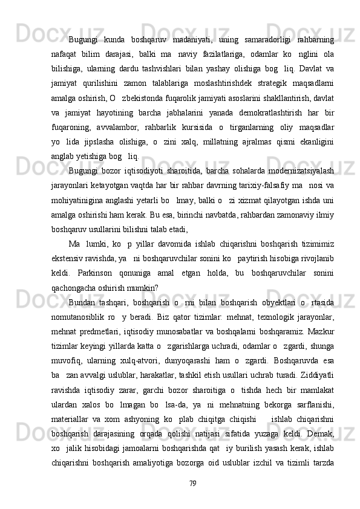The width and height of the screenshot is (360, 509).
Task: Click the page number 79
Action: coord(192,484)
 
